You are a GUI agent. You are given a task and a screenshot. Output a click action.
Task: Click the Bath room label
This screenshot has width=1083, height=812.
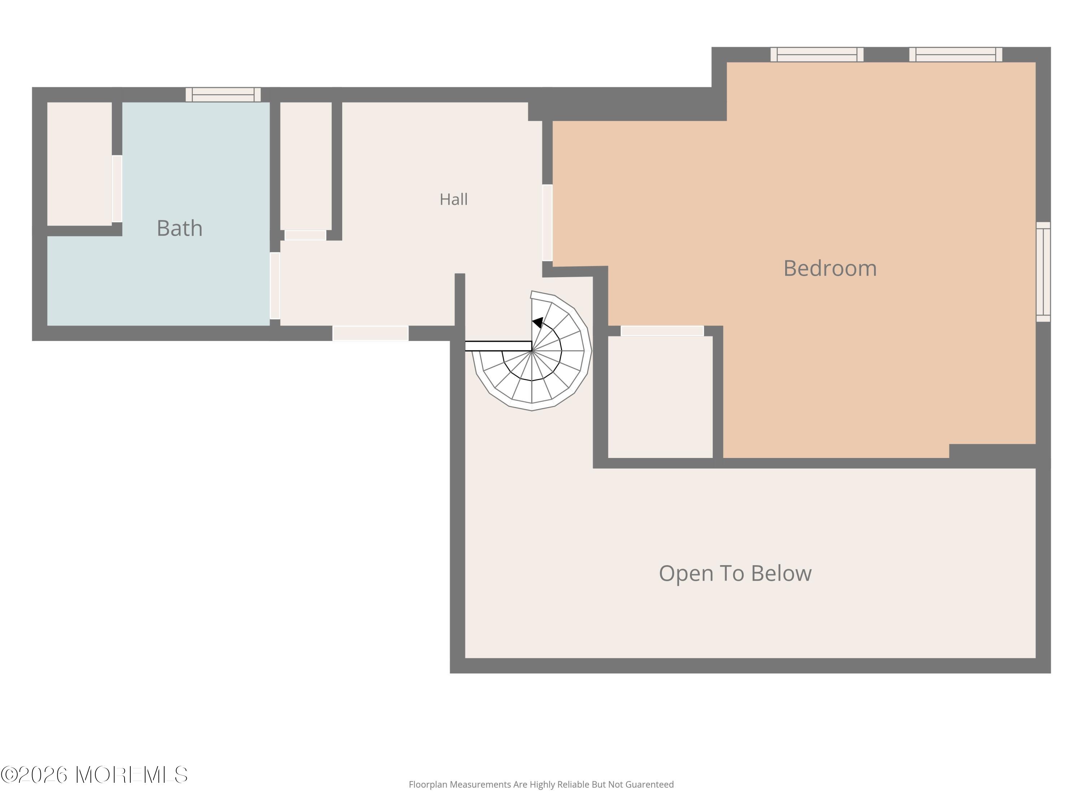click(x=180, y=228)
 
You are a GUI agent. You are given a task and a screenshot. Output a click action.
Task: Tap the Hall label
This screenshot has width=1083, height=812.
click(x=453, y=199)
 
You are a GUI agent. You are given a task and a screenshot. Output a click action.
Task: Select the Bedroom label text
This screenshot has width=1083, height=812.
click(x=830, y=268)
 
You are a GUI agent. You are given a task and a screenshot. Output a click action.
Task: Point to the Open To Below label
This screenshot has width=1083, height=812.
click(x=735, y=573)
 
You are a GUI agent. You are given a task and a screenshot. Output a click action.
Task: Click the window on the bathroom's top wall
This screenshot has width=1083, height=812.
click(x=223, y=95)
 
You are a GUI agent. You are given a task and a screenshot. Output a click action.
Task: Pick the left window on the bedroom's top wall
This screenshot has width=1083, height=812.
click(x=817, y=54)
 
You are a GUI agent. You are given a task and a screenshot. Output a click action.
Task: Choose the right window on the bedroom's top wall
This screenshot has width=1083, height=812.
click(x=956, y=54)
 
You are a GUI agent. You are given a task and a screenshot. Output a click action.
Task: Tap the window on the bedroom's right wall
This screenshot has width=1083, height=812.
click(x=1043, y=272)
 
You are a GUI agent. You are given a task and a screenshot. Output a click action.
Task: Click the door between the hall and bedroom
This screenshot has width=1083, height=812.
click(x=547, y=223)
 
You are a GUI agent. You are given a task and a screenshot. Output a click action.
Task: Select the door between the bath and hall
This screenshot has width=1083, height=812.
click(x=275, y=286)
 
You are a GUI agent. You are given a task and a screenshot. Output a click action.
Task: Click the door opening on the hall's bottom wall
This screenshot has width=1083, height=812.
click(x=371, y=333)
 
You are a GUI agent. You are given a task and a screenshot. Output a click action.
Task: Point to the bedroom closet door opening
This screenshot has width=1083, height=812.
click(x=662, y=331)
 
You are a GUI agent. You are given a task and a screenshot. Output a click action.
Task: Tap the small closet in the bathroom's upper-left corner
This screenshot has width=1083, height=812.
click(x=79, y=164)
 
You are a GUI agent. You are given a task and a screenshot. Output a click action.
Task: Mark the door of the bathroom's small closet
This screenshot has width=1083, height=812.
click(x=117, y=189)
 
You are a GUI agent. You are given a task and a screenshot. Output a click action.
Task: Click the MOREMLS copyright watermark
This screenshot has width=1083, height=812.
click(x=94, y=775)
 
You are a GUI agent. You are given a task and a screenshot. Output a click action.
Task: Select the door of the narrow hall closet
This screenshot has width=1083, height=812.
click(x=305, y=235)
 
